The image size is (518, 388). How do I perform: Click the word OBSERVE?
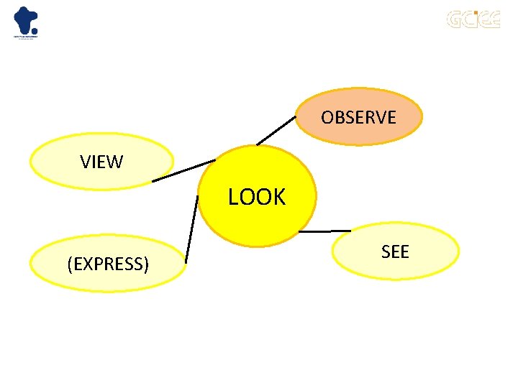pos(358,117)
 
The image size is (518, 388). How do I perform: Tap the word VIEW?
pos(101,162)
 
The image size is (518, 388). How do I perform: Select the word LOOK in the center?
pos(257,197)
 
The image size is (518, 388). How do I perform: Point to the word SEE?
pos(395,251)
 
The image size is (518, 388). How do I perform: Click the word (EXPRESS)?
pos(108,264)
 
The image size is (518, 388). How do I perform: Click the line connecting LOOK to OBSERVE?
pos(276,131)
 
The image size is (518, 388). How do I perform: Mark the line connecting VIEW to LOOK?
pos(183,170)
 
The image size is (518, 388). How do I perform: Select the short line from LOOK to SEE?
pos(324,231)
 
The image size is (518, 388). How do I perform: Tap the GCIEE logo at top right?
pos(473,19)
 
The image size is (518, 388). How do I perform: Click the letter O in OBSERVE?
pos(327,117)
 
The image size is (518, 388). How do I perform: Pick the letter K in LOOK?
pos(278,197)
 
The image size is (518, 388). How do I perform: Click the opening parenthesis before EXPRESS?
pos(69,264)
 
